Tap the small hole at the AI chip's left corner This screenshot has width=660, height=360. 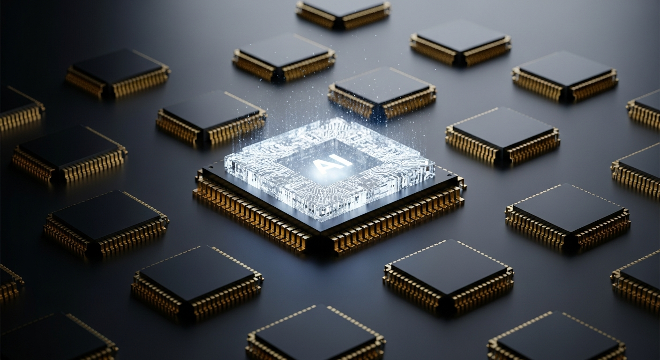pyautogui.click(x=211, y=167)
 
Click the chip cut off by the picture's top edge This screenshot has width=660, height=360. pyautogui.click(x=343, y=15)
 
